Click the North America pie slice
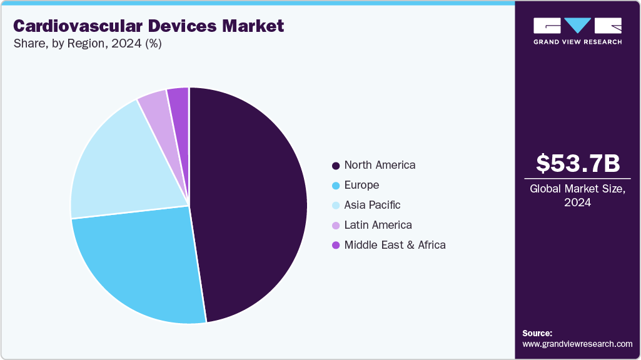(x=250, y=200)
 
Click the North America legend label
(x=380, y=165)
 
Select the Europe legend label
(x=361, y=185)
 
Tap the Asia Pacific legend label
(x=372, y=205)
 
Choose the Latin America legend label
(x=378, y=225)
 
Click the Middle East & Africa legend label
(x=395, y=245)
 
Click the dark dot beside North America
(x=336, y=166)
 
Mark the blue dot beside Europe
(x=336, y=186)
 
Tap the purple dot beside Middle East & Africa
(x=336, y=246)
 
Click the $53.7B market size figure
(x=578, y=163)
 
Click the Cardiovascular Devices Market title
(x=148, y=26)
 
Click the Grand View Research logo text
(x=578, y=42)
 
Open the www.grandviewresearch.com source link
(x=577, y=344)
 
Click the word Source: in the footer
(x=537, y=333)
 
